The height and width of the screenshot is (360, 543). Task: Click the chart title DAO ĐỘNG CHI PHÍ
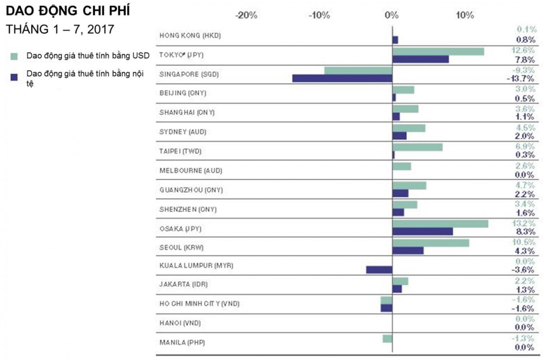[x=68, y=11]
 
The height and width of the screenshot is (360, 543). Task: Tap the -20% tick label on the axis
[x=246, y=15]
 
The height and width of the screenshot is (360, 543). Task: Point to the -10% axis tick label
[x=319, y=15]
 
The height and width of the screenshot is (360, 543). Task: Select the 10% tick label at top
[x=465, y=15]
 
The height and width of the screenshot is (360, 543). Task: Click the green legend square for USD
[x=14, y=56]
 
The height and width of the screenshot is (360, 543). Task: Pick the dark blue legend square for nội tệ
[x=14, y=77]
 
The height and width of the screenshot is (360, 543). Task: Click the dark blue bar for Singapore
[x=342, y=78]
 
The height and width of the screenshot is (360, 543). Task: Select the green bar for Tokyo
[x=438, y=52]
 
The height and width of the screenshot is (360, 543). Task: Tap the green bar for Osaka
[x=440, y=223]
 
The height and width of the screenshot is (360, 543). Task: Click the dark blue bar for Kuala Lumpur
[x=379, y=270]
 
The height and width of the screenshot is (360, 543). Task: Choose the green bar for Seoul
[x=431, y=243]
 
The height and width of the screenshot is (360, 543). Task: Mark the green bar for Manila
[x=387, y=339]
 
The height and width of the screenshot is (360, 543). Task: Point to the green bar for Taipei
[x=417, y=147]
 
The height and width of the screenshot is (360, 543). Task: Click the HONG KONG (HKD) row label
[x=190, y=35]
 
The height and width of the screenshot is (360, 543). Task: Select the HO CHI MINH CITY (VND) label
[x=199, y=304]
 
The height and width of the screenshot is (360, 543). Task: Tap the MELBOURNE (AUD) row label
[x=191, y=170]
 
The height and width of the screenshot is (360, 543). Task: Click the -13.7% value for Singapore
[x=520, y=79]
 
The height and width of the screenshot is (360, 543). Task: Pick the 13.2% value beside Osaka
[x=524, y=223]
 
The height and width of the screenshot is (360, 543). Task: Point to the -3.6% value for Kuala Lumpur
[x=523, y=270]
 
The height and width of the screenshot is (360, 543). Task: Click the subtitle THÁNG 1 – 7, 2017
[x=60, y=30]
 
